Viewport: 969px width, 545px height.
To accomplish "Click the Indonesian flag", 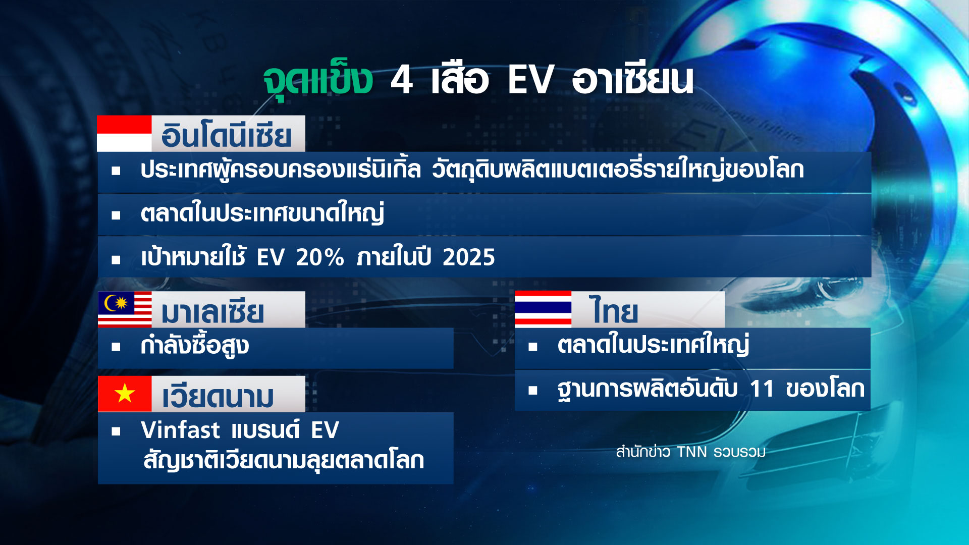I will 124,134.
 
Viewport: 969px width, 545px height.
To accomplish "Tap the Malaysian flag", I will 125,309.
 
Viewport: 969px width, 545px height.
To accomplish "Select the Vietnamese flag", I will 125,394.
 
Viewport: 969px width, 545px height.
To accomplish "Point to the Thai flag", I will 543,309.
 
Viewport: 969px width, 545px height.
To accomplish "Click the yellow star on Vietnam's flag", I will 125,393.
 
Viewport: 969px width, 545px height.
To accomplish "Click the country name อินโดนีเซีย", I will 226,135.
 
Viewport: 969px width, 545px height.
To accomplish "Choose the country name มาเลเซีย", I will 212,312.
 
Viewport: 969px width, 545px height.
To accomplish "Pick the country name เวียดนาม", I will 218,397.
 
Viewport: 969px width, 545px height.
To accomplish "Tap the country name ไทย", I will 613,311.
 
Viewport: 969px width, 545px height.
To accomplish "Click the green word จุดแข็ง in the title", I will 318,80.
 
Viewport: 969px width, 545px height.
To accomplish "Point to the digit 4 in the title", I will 402,80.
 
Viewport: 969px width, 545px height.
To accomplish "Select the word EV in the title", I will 530,80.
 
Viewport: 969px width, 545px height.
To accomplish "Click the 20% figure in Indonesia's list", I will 319,258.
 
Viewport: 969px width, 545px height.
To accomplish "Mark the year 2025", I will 469,258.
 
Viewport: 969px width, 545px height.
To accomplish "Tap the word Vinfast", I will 180,430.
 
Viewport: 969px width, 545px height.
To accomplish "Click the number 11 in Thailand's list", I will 762,389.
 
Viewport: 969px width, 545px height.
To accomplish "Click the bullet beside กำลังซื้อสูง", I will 116,347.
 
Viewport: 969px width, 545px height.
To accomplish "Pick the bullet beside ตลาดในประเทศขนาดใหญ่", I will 116,215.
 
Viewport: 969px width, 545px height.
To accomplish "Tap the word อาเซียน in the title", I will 632,80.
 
